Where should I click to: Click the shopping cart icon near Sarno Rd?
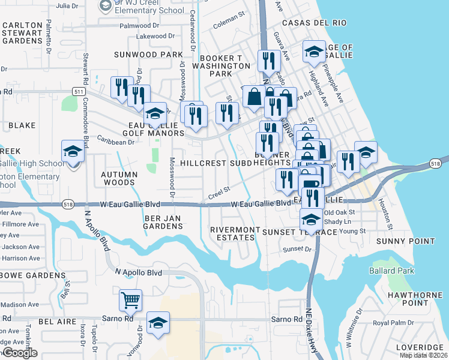(130, 300)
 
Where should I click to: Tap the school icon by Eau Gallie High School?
(73, 152)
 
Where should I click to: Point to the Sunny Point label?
(405, 241)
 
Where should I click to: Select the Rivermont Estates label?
(232, 233)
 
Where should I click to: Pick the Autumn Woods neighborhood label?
(119, 178)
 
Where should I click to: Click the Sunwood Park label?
(148, 55)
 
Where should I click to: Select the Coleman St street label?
(229, 25)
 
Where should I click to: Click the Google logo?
(20, 353)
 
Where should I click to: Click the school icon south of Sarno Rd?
(158, 324)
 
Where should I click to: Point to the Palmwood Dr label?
(139, 26)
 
